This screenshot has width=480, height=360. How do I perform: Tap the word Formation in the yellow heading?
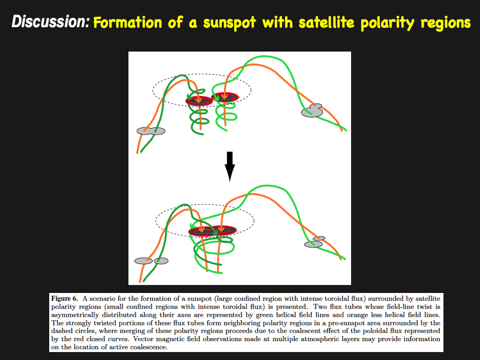127,22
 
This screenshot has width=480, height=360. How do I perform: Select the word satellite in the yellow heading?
326,22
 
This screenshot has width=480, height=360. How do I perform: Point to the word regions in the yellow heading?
445,23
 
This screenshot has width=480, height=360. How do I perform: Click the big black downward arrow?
230,166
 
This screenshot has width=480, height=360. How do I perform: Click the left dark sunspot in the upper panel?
199,100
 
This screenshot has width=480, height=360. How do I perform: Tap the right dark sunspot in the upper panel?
225,97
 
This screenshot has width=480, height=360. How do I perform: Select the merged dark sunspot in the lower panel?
213,231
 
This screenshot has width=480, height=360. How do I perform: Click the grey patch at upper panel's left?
151,131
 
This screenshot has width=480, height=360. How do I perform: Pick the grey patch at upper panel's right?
312,111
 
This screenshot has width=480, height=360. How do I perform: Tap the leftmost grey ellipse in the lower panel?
143,261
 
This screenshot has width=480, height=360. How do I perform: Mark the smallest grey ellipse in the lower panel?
319,239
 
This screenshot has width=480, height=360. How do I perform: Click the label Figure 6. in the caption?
65,299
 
